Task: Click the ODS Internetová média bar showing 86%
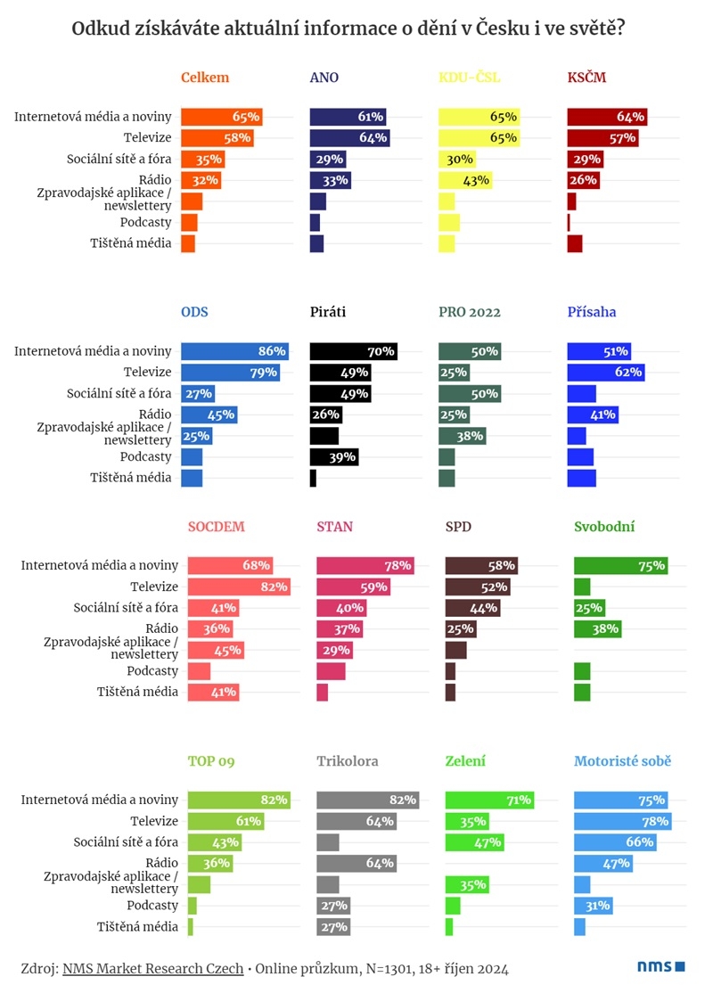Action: click(x=234, y=351)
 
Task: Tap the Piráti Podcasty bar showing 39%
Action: click(x=335, y=456)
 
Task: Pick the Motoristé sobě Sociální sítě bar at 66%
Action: click(x=615, y=842)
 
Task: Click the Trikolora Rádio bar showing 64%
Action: click(x=356, y=863)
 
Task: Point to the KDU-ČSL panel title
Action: click(x=470, y=78)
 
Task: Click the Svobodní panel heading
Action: click(x=604, y=527)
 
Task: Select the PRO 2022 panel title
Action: click(x=470, y=312)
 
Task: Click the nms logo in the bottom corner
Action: click(x=660, y=966)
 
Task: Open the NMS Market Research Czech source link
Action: click(x=152, y=968)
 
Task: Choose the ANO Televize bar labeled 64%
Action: click(x=349, y=137)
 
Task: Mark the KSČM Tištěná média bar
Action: click(x=575, y=243)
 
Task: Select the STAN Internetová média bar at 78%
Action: click(x=365, y=565)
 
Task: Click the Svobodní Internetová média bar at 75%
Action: click(x=620, y=565)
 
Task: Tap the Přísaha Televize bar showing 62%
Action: click(x=606, y=372)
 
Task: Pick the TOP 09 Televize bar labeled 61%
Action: click(x=225, y=821)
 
